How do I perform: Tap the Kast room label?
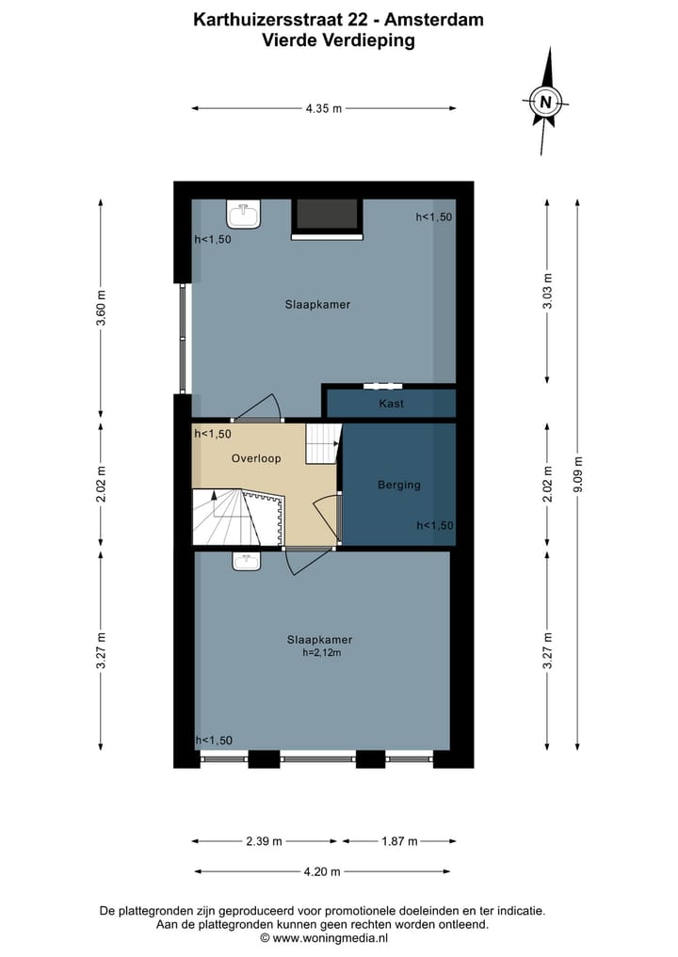(x=392, y=403)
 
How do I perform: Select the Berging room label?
(x=399, y=485)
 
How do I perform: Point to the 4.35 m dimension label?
(x=324, y=108)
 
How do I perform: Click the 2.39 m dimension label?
(x=265, y=841)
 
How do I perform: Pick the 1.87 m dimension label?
(x=399, y=841)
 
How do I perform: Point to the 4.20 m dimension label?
(x=323, y=871)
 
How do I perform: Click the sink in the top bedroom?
(x=246, y=215)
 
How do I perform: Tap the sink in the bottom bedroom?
(x=247, y=561)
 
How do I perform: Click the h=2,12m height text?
(x=320, y=652)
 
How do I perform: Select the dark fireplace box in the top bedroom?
(x=326, y=216)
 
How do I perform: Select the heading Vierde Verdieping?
(x=338, y=40)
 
